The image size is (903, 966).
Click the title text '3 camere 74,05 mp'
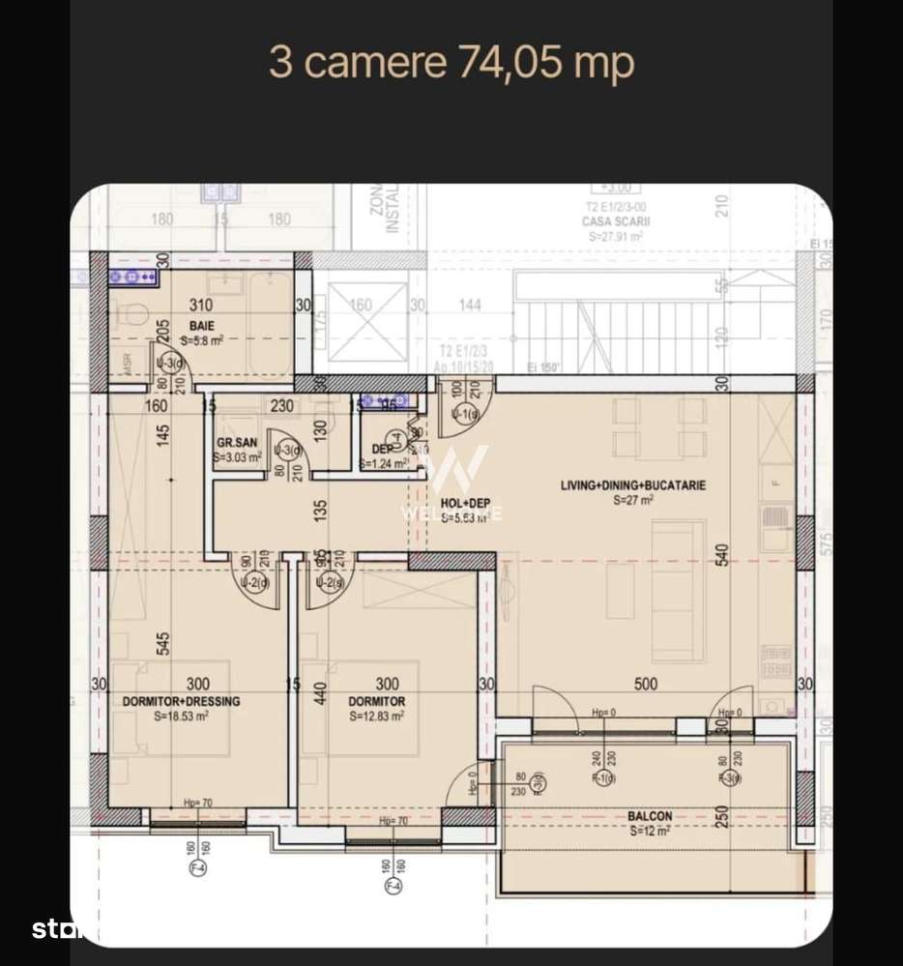(x=451, y=63)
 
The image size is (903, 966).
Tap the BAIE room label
(x=201, y=326)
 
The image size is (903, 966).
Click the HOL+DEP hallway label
(x=465, y=504)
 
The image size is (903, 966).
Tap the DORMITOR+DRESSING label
(x=181, y=701)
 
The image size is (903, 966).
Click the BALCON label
(x=650, y=816)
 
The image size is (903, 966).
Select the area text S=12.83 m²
(x=376, y=717)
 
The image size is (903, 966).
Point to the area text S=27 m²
(x=633, y=501)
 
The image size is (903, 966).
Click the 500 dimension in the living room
(x=645, y=685)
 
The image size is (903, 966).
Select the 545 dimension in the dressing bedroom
(x=163, y=644)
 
